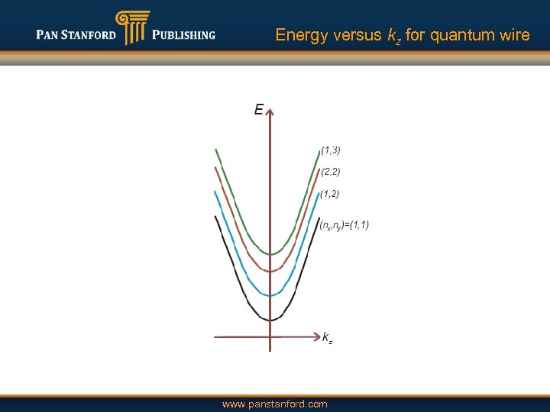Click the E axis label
click(258, 110)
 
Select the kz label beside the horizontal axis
click(327, 337)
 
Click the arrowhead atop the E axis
click(270, 109)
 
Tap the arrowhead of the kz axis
click(315, 336)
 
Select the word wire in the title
click(513, 35)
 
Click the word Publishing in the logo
click(183, 34)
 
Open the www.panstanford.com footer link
click(274, 404)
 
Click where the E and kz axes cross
click(270, 336)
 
